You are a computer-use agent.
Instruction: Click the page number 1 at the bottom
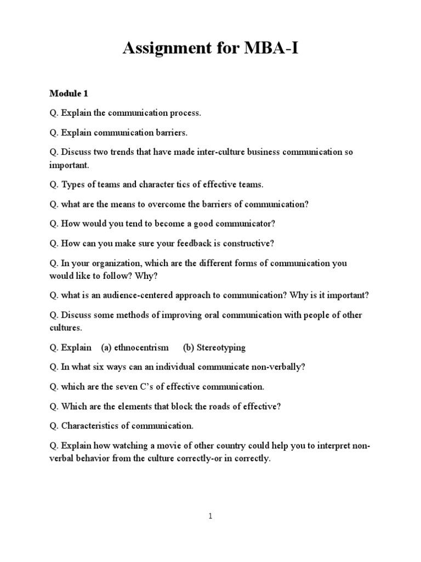[x=210, y=516]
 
